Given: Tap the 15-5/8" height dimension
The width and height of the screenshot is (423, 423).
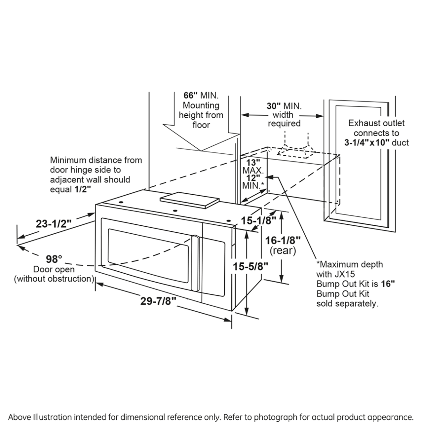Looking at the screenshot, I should click(250, 266).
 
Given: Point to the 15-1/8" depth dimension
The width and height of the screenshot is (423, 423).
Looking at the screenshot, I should click(258, 220).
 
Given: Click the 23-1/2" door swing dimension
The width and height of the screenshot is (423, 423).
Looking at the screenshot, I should click(54, 224).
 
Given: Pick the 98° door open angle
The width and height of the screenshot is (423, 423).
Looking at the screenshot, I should click(54, 259).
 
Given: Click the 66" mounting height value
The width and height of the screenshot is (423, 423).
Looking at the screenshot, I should click(190, 96).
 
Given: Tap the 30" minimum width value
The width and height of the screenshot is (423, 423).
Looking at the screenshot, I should click(274, 106).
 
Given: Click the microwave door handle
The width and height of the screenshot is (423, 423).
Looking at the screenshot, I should click(196, 263).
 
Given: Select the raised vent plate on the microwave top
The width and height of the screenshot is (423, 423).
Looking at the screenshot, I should click(189, 200).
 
